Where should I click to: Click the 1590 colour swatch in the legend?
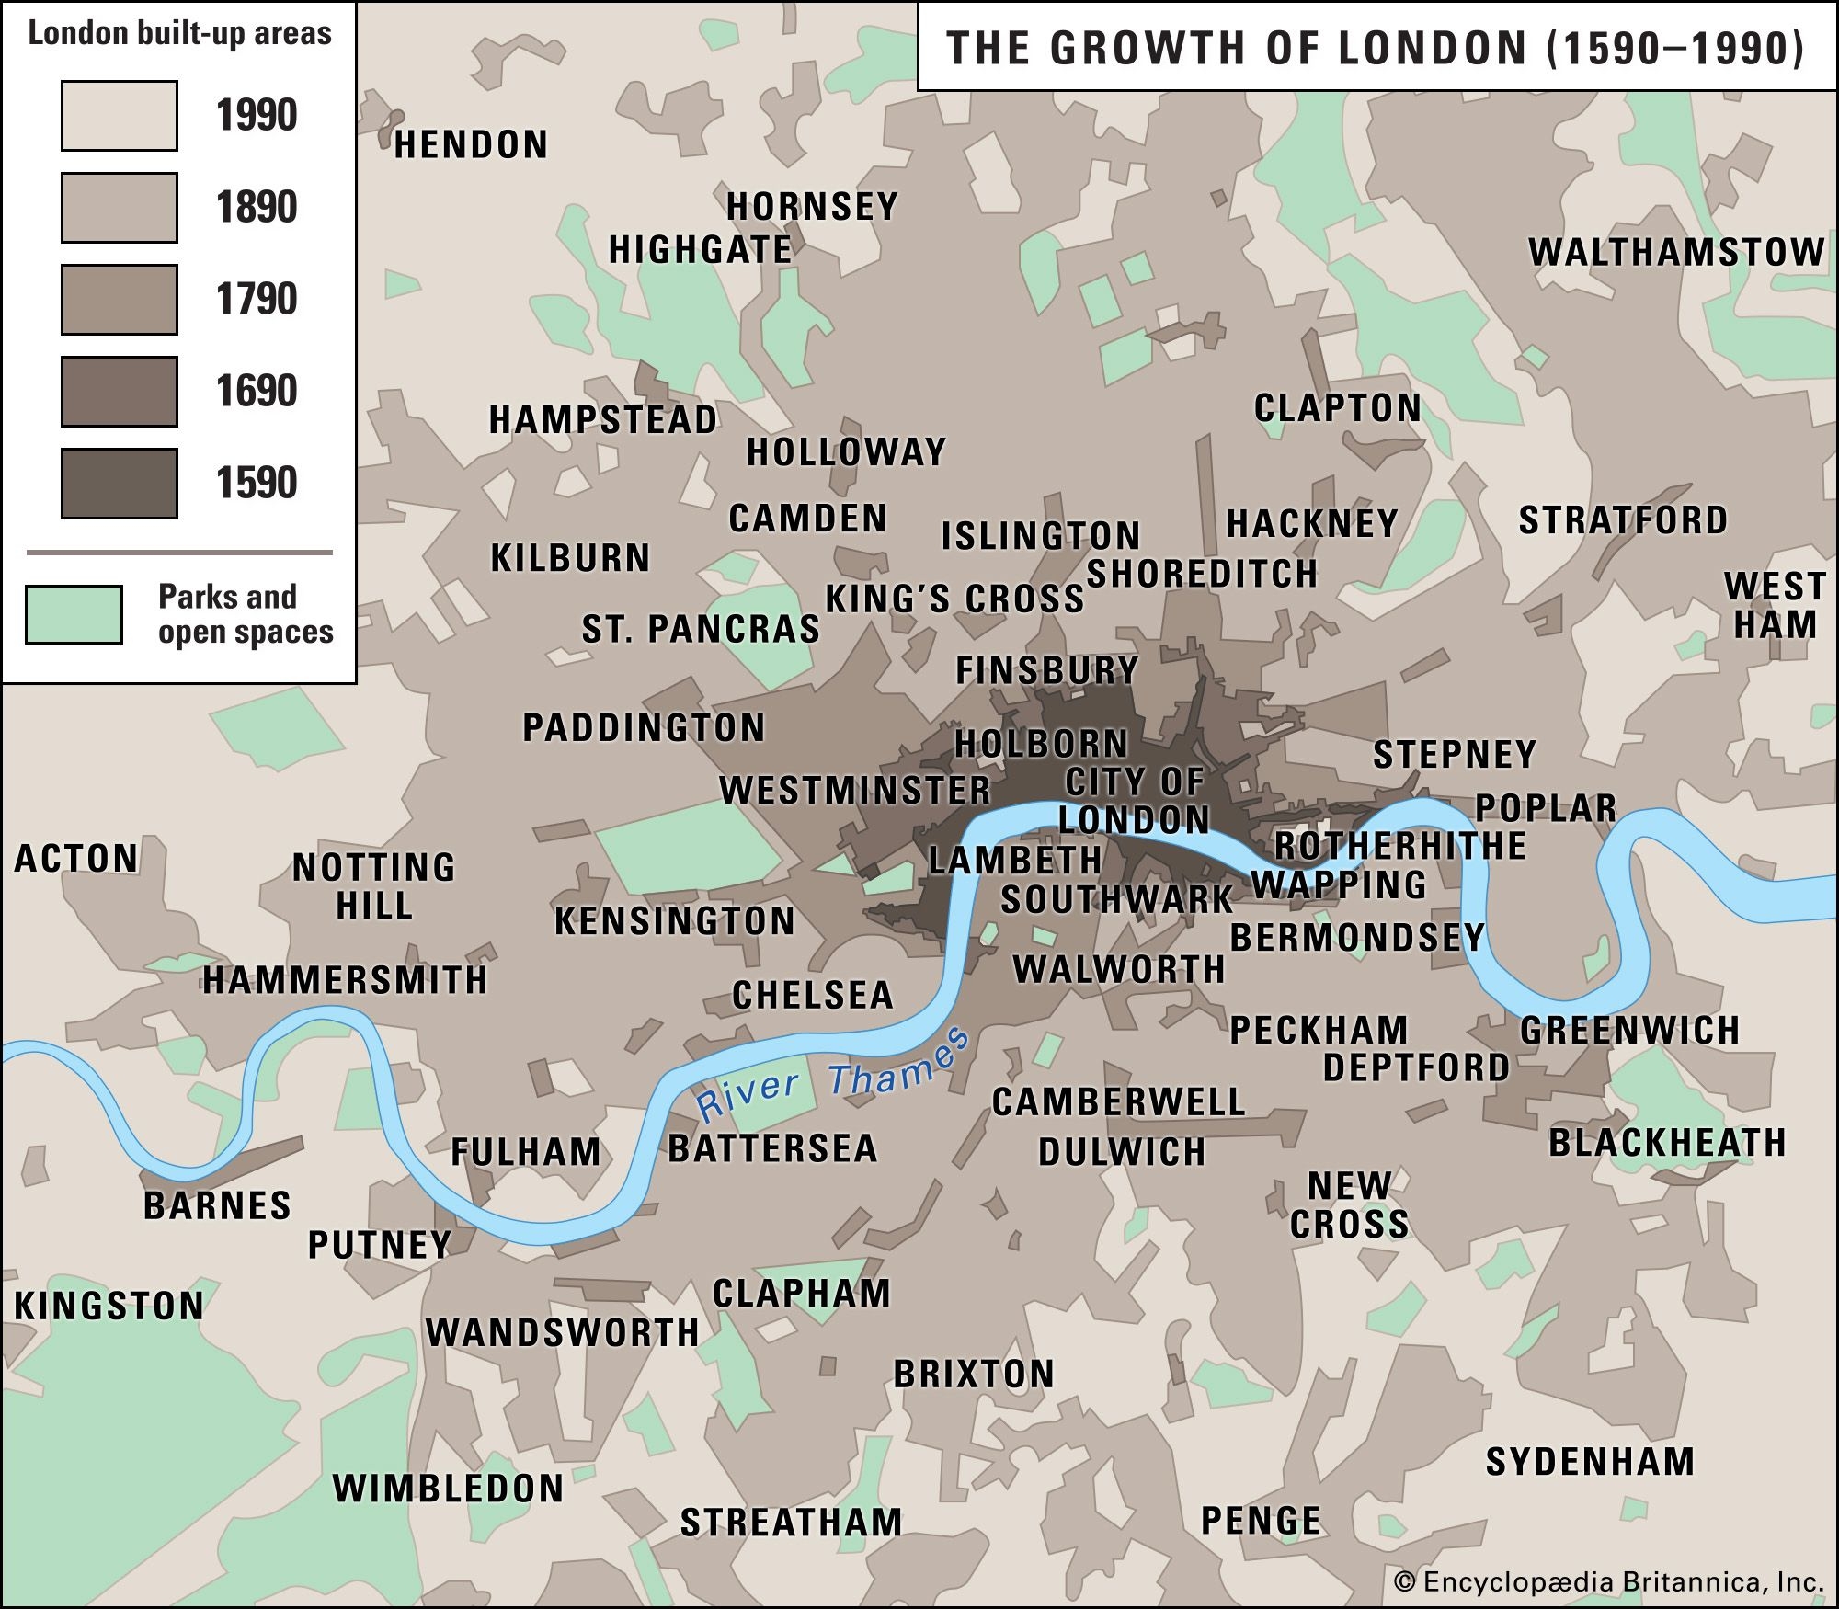point(120,484)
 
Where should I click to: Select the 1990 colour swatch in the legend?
point(120,116)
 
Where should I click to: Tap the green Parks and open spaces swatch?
point(74,614)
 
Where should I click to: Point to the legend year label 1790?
point(257,300)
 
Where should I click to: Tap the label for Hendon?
point(471,145)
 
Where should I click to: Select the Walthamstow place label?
point(1676,252)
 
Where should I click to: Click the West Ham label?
point(1775,605)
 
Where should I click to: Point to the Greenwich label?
point(1629,1030)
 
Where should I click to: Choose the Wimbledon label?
point(448,1489)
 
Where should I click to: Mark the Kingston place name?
point(109,1307)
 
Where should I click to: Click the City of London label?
point(1134,801)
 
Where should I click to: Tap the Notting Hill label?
point(373,886)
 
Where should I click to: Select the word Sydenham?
point(1590,1462)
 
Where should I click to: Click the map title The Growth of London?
point(1376,48)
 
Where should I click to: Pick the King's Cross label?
point(954,599)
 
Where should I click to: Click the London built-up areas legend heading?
point(179,34)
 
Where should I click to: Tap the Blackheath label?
point(1667,1143)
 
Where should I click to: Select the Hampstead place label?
point(602,420)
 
